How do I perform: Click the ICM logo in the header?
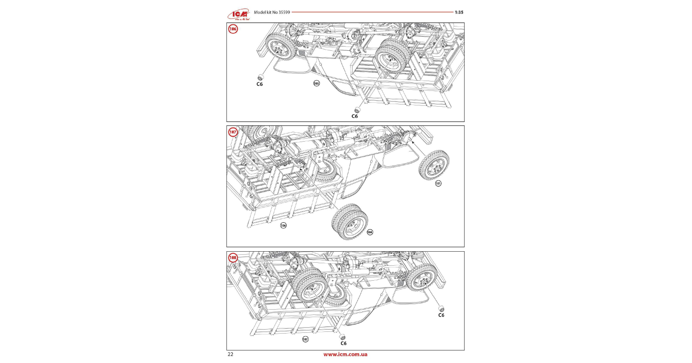(238, 15)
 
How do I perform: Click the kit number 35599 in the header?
(284, 12)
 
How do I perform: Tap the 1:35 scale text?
(459, 12)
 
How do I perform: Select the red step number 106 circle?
(233, 29)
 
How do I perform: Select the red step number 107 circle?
(233, 132)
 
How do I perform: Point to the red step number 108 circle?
(233, 258)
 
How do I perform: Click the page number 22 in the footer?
(231, 354)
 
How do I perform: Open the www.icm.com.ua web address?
(345, 354)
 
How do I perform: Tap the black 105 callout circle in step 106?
(317, 83)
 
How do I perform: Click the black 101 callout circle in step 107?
(438, 183)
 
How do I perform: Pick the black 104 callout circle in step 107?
(370, 232)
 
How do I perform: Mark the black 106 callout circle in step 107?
(283, 225)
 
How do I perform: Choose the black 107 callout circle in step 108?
(305, 339)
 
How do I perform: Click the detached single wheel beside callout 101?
(434, 165)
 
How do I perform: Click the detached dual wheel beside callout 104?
(350, 222)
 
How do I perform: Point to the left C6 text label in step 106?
(260, 84)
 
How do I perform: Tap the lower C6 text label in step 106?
(355, 116)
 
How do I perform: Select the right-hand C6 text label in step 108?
(441, 315)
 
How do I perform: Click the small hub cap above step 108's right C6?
(441, 309)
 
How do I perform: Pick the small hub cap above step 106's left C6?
(260, 77)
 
